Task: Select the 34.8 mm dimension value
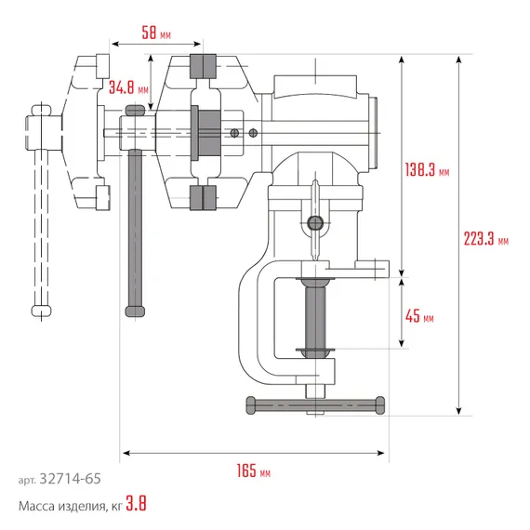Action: click(127, 88)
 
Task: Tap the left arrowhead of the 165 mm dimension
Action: click(125, 454)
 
